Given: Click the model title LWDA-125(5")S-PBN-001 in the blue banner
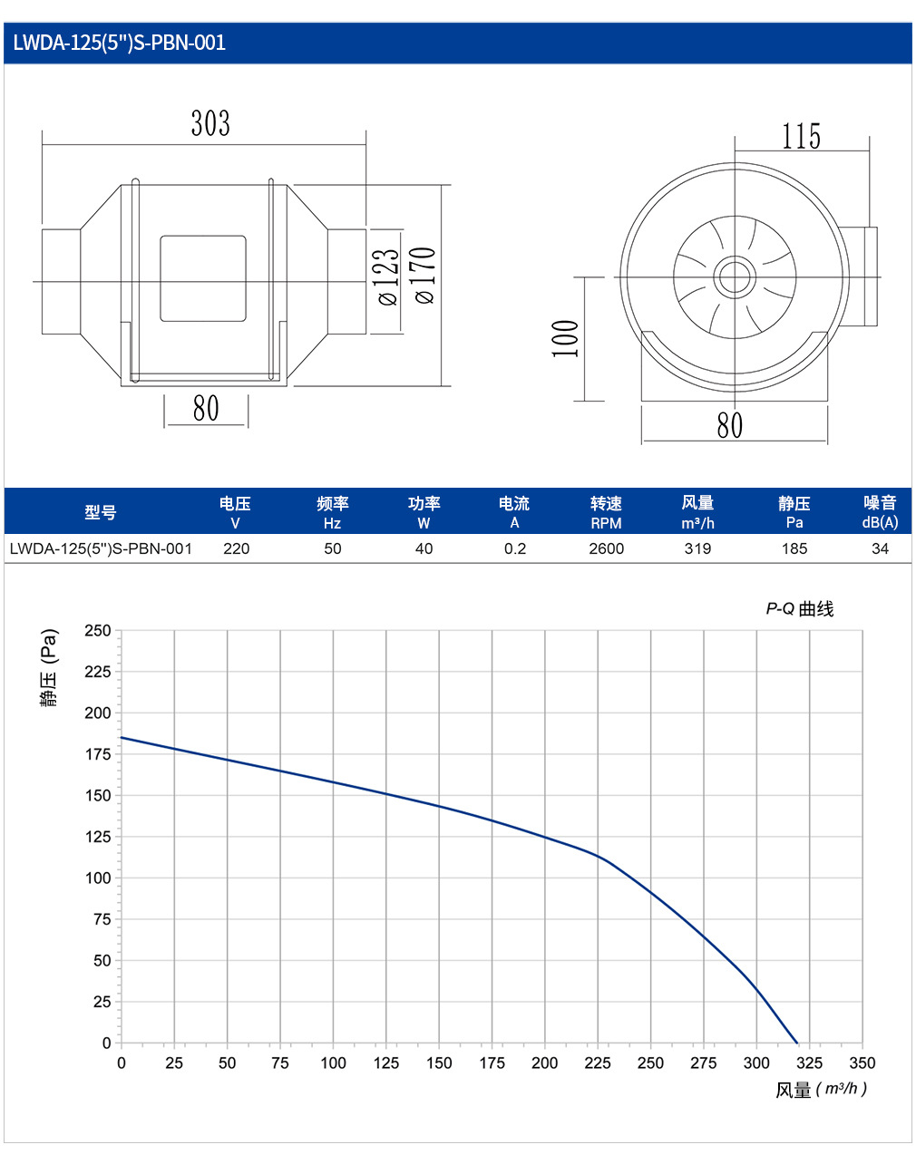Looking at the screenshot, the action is (x=119, y=43).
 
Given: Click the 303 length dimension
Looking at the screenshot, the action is (x=210, y=123).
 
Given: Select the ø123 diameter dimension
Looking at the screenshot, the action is (x=388, y=277).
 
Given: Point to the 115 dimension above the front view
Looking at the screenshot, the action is (x=802, y=136).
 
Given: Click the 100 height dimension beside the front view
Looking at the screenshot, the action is (x=565, y=339).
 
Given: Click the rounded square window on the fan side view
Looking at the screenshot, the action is (x=203, y=278).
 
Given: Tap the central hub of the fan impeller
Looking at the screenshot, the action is (x=735, y=277).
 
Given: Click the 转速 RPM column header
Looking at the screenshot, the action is (x=606, y=513).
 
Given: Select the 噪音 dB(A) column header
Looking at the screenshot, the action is (x=880, y=512).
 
